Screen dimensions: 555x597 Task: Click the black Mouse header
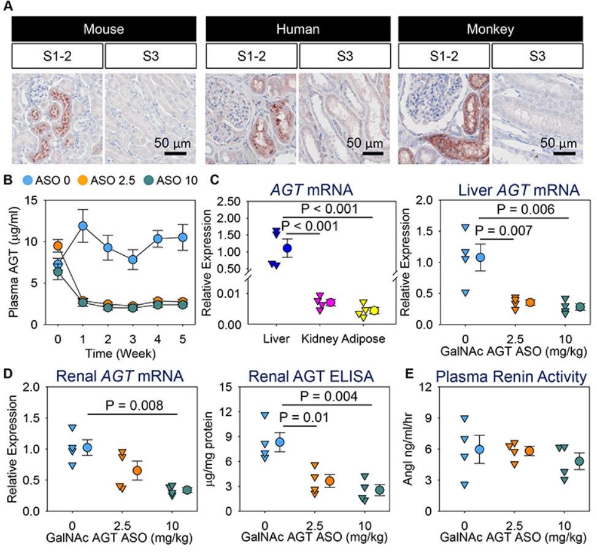[x=104, y=29]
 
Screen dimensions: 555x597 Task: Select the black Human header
[x=298, y=29]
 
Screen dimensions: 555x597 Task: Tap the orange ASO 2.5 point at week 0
[x=58, y=246]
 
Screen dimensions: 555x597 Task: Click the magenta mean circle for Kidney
[x=331, y=302]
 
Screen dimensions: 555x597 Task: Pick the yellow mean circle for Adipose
[x=374, y=310]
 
